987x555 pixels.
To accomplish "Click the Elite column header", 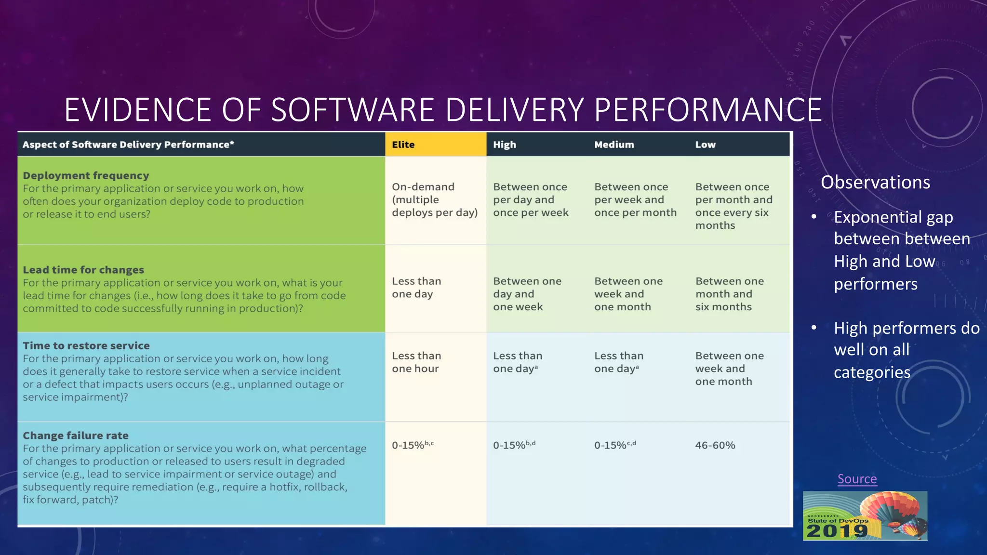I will pos(403,145).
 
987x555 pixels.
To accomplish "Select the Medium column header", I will pos(614,145).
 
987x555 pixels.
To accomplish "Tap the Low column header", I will pos(705,145).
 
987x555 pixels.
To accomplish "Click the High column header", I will pos(504,145).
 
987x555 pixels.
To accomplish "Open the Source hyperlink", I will pos(857,479).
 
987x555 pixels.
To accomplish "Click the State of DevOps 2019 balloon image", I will pos(865,515).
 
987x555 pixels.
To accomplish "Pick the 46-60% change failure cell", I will pos(715,445).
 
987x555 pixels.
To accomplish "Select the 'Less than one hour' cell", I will pos(416,362).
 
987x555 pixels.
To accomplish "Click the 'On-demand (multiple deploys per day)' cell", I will pos(434,199).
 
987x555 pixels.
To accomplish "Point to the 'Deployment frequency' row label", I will pos(86,176).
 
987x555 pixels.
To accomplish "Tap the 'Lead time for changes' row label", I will pos(83,270).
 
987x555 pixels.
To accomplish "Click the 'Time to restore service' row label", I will pos(86,345).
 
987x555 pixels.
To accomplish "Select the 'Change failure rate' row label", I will pos(76,436).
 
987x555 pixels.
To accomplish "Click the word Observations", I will pos(875,183).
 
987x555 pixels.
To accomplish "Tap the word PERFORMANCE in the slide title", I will pos(708,110).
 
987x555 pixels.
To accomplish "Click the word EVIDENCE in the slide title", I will pos(137,110).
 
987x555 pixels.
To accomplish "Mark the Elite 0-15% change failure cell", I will pos(412,445).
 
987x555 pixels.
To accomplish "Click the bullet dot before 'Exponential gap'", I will pos(814,217).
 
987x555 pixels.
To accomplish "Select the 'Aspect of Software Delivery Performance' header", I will pos(128,145).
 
